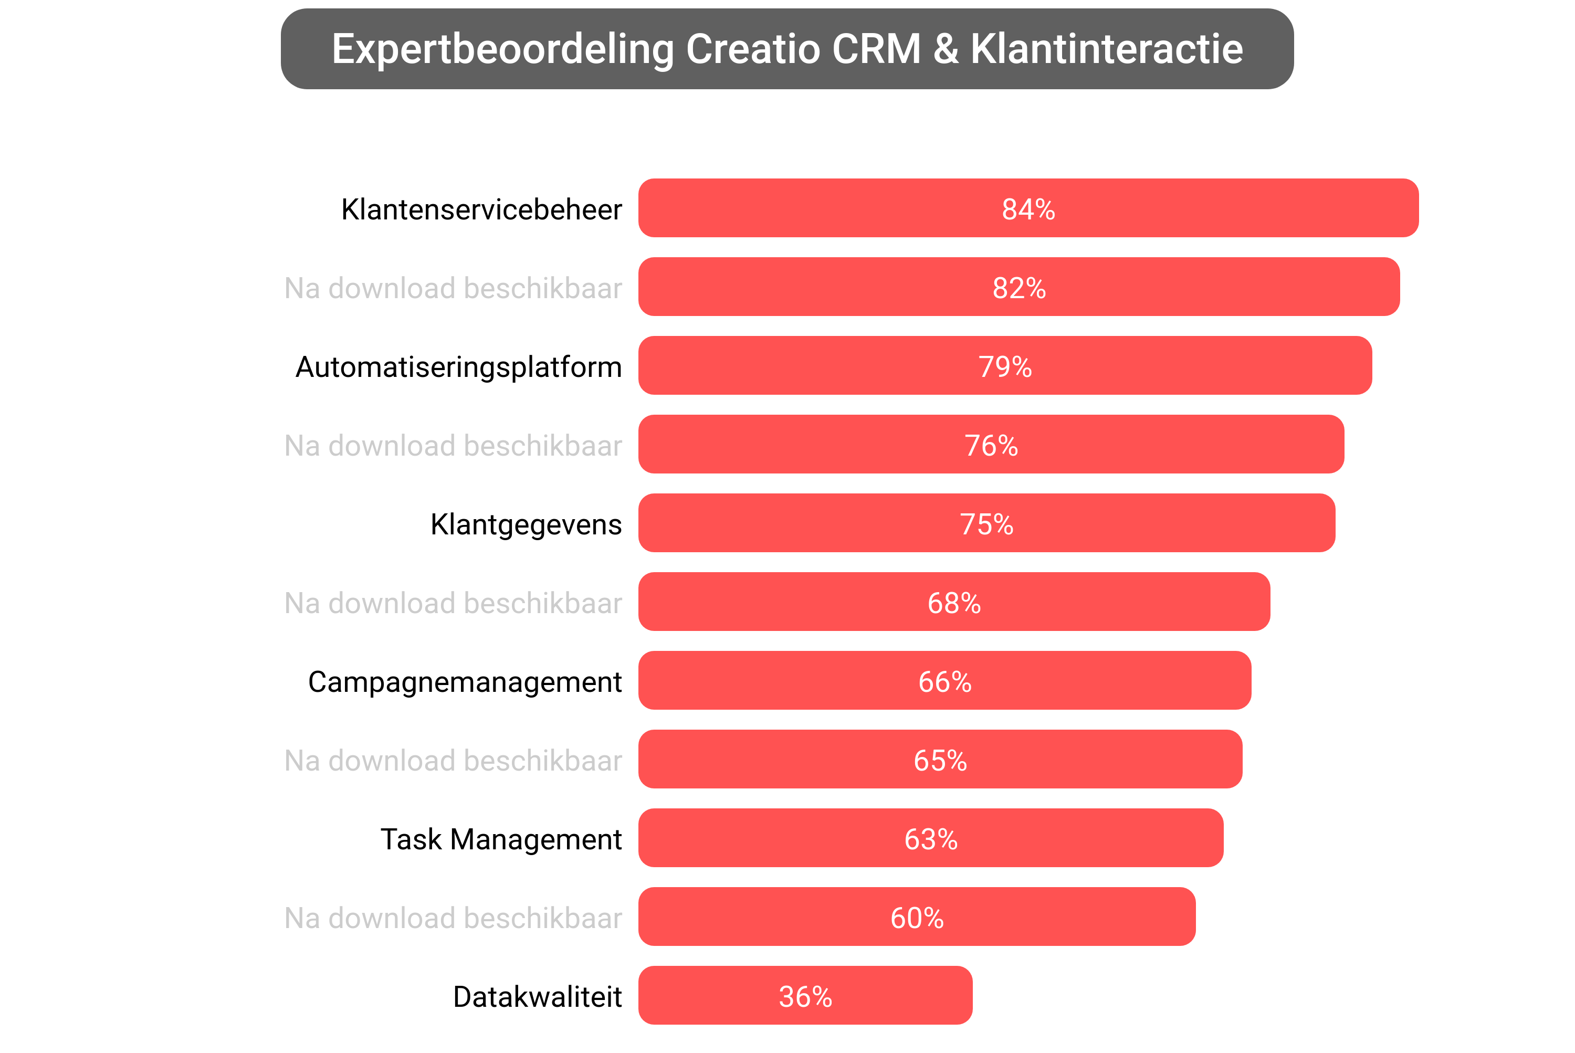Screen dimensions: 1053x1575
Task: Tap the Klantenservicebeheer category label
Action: [x=481, y=209]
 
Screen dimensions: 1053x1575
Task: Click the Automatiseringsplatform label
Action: [x=459, y=367]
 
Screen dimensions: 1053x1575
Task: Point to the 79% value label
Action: [x=1004, y=367]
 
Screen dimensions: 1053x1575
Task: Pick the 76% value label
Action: [x=991, y=446]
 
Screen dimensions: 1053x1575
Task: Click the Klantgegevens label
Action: [x=526, y=524]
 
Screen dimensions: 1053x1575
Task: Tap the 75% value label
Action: [x=986, y=524]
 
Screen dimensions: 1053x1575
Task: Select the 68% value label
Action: [x=954, y=603]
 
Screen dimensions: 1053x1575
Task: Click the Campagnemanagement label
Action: [x=465, y=682]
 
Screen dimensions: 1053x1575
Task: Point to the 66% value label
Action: [x=944, y=682]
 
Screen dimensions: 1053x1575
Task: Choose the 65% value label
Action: [x=940, y=761]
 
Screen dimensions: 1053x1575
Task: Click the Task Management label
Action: [x=501, y=839]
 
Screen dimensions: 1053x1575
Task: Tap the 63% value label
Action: [x=930, y=839]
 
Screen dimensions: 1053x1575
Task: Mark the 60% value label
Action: [x=916, y=918]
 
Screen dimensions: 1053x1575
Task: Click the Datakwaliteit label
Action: [x=537, y=997]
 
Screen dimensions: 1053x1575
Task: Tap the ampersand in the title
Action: [x=946, y=49]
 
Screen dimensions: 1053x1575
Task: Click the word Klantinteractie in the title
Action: [x=1106, y=49]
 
